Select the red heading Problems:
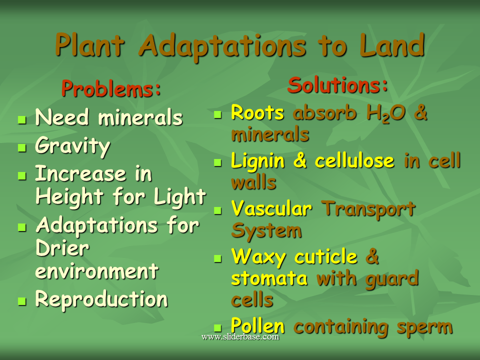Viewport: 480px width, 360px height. pyautogui.click(x=111, y=89)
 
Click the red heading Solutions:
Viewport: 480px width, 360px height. pyautogui.click(x=337, y=85)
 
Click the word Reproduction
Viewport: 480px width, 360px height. pyautogui.click(x=101, y=299)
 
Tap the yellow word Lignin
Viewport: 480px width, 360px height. pyautogui.click(x=257, y=161)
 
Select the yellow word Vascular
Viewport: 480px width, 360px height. pyautogui.click(x=271, y=208)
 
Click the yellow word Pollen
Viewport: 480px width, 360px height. pyautogui.click(x=258, y=326)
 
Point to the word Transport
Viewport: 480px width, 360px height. pyautogui.click(x=368, y=208)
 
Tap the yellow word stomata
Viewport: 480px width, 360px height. pyautogui.click(x=269, y=278)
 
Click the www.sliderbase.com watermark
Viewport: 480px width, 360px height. pyautogui.click(x=240, y=337)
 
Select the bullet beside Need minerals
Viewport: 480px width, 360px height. pyautogui.click(x=21, y=120)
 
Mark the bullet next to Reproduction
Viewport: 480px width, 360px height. pyautogui.click(x=21, y=301)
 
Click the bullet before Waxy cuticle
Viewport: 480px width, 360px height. pyautogui.click(x=217, y=259)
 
